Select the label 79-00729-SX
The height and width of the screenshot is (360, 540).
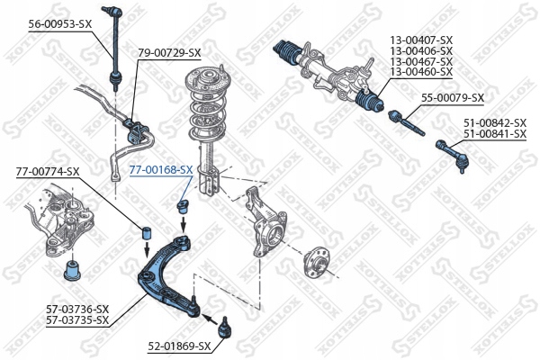pyautogui.click(x=169, y=53)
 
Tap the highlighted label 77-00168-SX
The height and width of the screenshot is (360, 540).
pyautogui.click(x=161, y=168)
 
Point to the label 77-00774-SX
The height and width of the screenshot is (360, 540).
pyautogui.click(x=48, y=171)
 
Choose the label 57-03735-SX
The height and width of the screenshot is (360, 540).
pyautogui.click(x=76, y=319)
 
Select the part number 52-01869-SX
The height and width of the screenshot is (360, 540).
pyautogui.click(x=180, y=346)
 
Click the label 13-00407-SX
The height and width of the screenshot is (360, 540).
pyautogui.click(x=420, y=40)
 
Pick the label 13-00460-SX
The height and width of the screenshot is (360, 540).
pyautogui.click(x=420, y=72)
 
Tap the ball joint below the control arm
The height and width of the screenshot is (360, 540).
pyautogui.click(x=221, y=323)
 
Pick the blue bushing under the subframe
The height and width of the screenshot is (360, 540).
pyautogui.click(x=71, y=268)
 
